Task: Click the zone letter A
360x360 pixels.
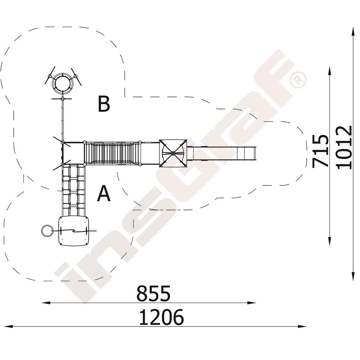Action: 104,193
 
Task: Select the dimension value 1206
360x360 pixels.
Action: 161,317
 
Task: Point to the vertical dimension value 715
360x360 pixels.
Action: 320,151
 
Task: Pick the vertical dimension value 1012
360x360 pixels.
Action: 344,147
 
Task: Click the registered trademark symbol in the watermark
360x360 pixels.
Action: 298,80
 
